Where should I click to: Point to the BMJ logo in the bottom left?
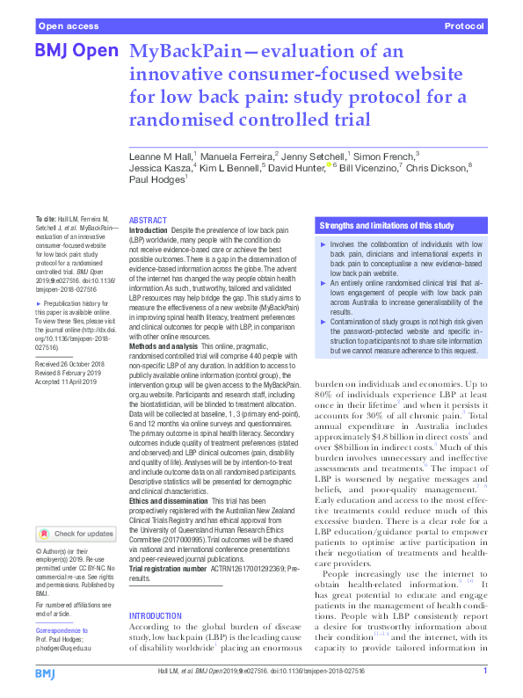coord(46,673)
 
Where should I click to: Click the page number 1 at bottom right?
coord(485,671)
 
